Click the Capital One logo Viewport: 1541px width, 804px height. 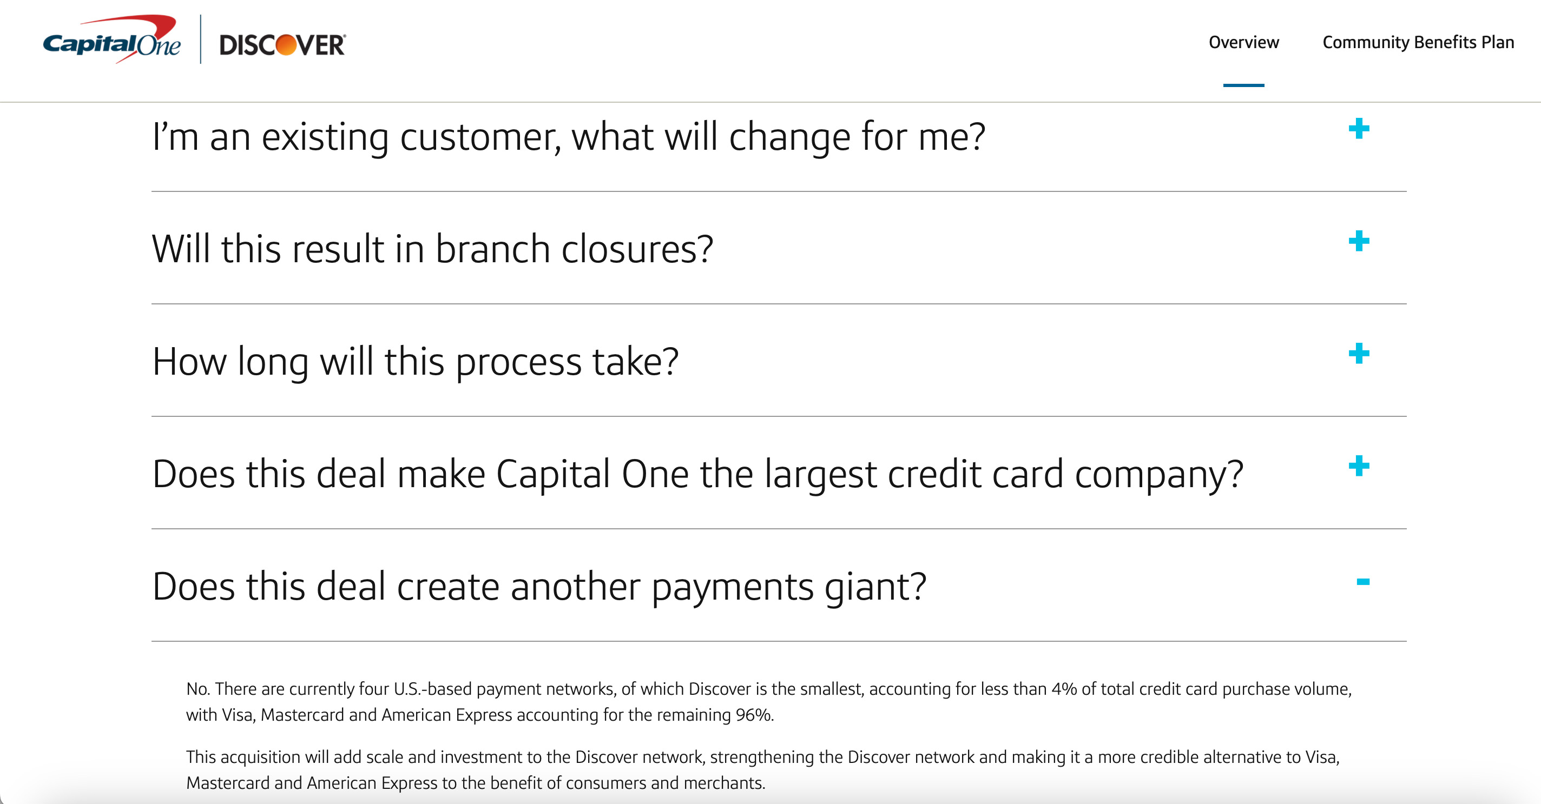coord(112,41)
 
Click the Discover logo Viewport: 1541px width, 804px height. coord(282,45)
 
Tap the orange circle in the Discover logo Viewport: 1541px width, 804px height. coord(286,45)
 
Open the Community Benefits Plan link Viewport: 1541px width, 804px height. coord(1418,42)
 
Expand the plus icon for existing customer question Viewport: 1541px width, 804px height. coord(1359,129)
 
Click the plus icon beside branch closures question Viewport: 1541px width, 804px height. coord(1359,242)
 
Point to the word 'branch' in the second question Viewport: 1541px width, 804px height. coord(492,249)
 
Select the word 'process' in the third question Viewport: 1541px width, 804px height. coord(518,363)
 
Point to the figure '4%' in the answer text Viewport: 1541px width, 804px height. coord(1064,689)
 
